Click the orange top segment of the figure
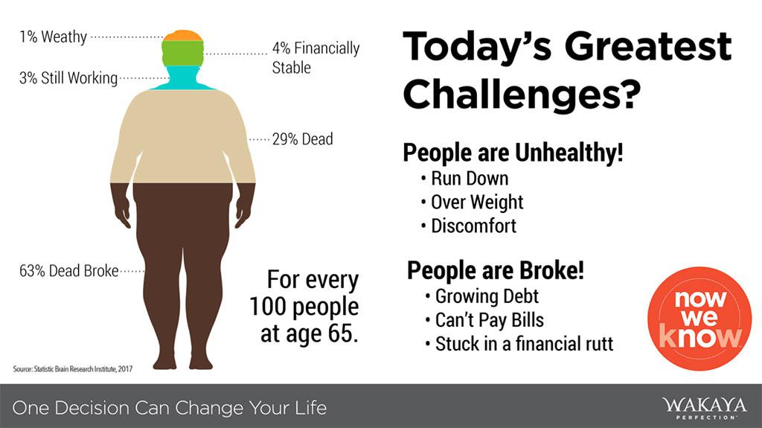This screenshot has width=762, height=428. click(x=182, y=36)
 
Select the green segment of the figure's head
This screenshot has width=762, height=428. click(x=182, y=53)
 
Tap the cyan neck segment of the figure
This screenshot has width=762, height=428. click(x=183, y=78)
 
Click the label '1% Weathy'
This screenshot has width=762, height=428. click(x=53, y=36)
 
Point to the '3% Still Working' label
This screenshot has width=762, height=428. click(x=68, y=78)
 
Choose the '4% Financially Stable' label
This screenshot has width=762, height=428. click(x=316, y=57)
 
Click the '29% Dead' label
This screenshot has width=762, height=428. click(x=302, y=139)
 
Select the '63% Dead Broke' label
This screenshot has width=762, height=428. click(x=69, y=270)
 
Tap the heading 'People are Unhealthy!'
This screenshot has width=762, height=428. click(x=513, y=153)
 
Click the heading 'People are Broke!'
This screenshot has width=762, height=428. click(x=495, y=270)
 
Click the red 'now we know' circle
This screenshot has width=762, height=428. click(x=699, y=319)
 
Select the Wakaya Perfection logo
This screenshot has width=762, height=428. click(x=704, y=408)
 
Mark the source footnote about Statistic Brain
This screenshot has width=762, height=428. click(x=73, y=369)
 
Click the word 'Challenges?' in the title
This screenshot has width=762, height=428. click(x=522, y=95)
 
